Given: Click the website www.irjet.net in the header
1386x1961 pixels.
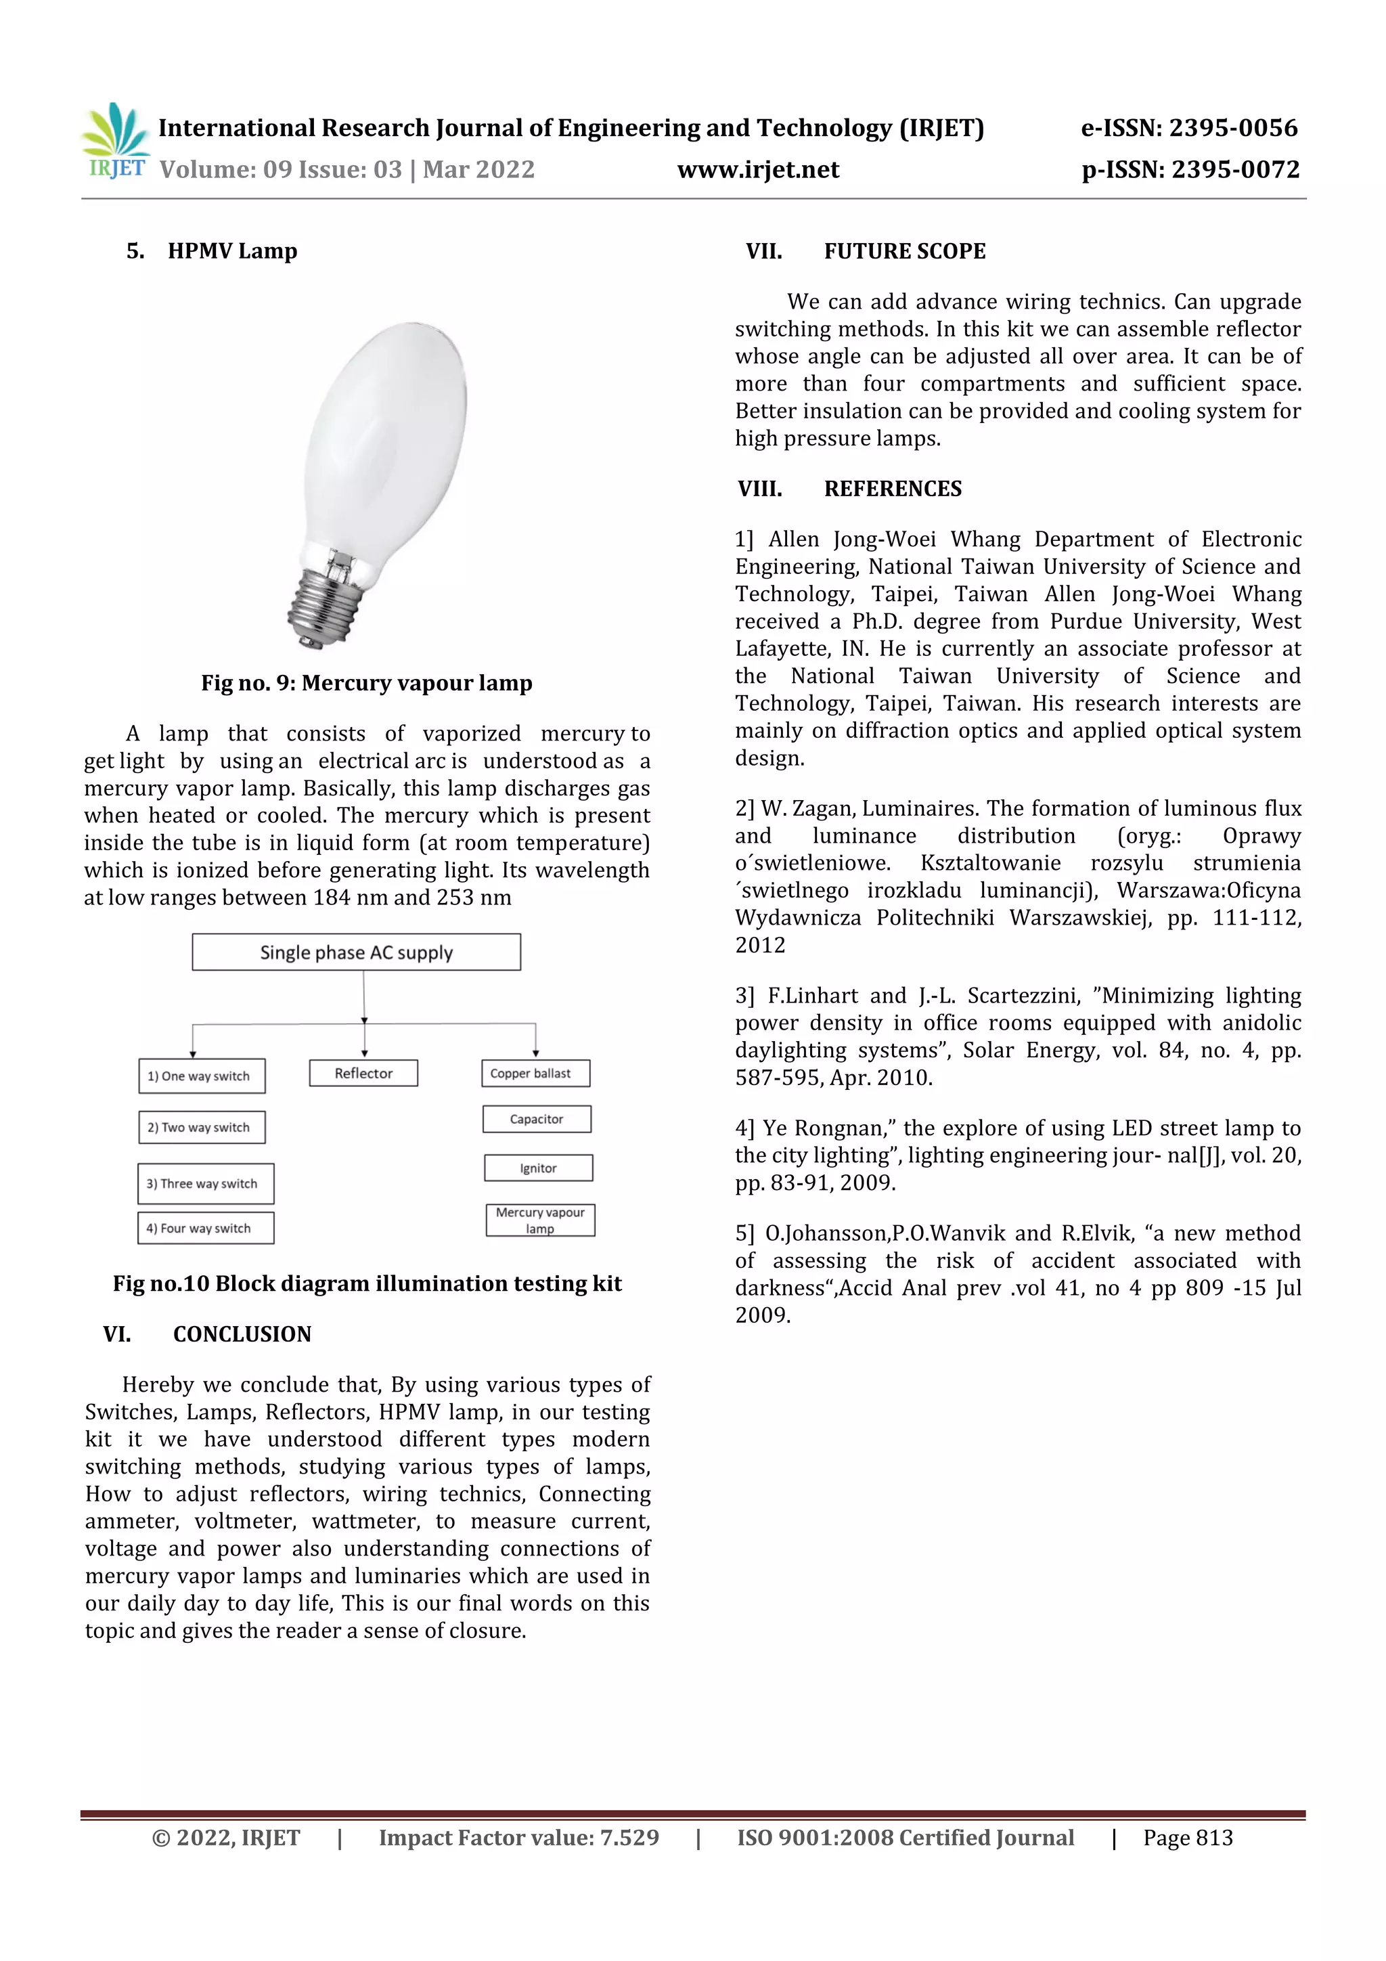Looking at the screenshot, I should coord(757,169).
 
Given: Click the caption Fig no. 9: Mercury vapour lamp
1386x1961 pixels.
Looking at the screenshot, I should coord(366,683).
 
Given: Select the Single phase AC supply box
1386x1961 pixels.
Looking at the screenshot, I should coord(356,952).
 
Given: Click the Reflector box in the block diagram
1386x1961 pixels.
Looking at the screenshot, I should coord(364,1074).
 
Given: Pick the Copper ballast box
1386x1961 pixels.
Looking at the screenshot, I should coord(535,1074).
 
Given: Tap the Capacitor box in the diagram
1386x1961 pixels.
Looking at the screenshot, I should coord(536,1119).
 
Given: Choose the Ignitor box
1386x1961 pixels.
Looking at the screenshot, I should coord(538,1168).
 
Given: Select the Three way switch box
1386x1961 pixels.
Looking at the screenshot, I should coord(206,1184).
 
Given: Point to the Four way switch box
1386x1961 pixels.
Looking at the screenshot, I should coord(206,1228).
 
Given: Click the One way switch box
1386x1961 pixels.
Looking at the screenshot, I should coord(202,1076).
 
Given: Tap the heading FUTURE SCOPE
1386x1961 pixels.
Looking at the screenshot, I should coord(904,252).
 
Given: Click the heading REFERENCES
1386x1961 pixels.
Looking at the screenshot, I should coord(893,489).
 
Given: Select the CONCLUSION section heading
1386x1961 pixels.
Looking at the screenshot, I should coord(242,1334).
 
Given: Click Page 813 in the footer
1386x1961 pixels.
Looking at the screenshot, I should coord(1188,1838).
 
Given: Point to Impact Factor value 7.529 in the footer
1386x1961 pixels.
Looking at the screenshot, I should coord(518,1838).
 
